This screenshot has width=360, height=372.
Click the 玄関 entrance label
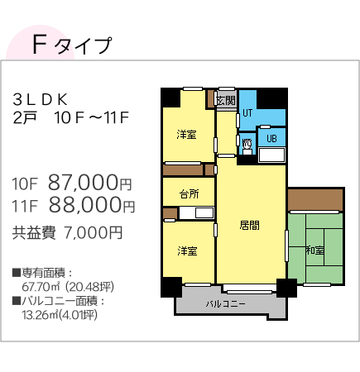click(226, 101)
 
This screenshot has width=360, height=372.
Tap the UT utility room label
click(247, 113)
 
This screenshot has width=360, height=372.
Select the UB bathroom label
click(271, 138)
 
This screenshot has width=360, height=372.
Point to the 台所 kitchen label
click(189, 194)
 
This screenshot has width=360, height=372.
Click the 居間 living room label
click(249, 225)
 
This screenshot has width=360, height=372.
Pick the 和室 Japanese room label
click(315, 250)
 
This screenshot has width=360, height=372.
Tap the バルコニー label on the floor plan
click(226, 304)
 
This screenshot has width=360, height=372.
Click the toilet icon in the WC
click(247, 146)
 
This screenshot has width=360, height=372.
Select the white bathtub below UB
click(271, 155)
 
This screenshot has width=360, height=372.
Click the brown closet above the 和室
click(315, 200)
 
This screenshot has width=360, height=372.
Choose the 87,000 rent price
click(84, 183)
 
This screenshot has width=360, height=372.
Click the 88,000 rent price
click(85, 205)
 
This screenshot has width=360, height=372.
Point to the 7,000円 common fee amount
click(93, 233)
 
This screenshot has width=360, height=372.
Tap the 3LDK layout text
click(41, 100)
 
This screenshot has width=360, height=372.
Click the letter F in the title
click(39, 45)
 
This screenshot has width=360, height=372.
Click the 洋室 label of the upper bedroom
click(186, 135)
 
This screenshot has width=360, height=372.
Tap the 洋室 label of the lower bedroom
click(187, 251)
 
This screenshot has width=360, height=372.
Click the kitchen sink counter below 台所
click(196, 213)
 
